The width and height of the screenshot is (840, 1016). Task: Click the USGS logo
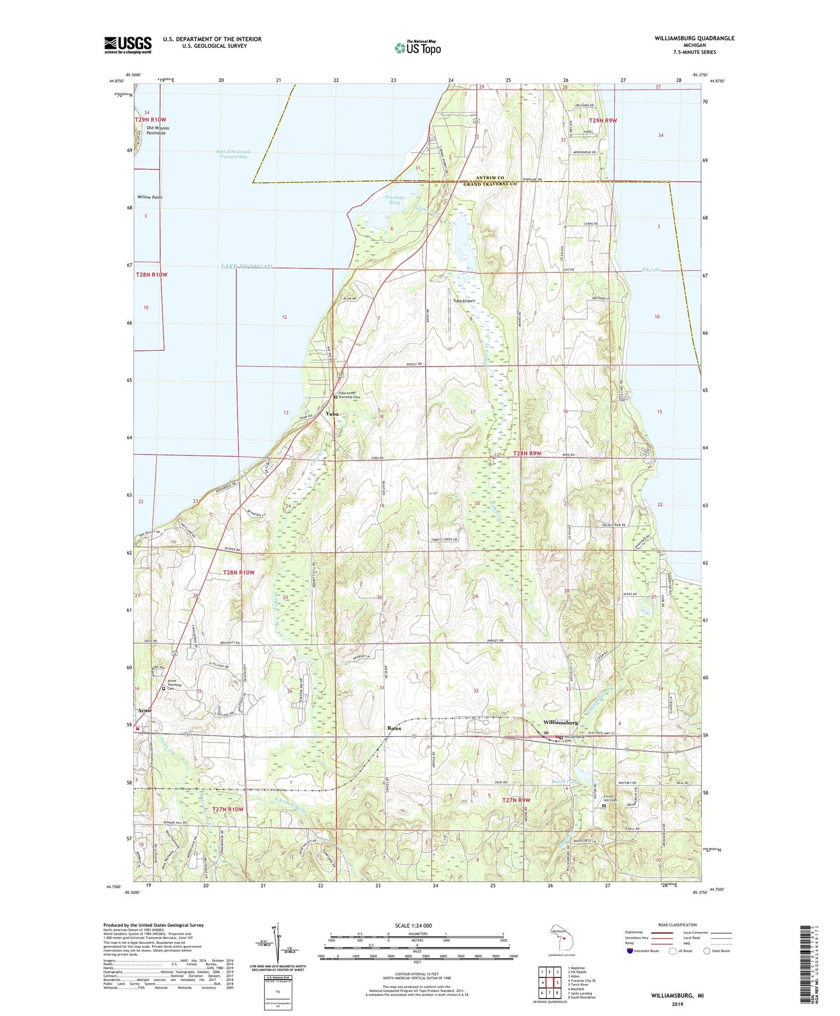pyautogui.click(x=128, y=45)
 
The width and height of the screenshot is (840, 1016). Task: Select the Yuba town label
pyautogui.click(x=332, y=414)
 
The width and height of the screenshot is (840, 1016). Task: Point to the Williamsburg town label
pyautogui.click(x=561, y=723)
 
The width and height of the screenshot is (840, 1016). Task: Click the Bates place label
pyautogui.click(x=394, y=729)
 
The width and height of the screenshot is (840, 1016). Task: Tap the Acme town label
pyautogui.click(x=144, y=711)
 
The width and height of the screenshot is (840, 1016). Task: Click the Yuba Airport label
pyautogui.click(x=464, y=301)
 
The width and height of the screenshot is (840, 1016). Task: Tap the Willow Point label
pyautogui.click(x=150, y=197)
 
